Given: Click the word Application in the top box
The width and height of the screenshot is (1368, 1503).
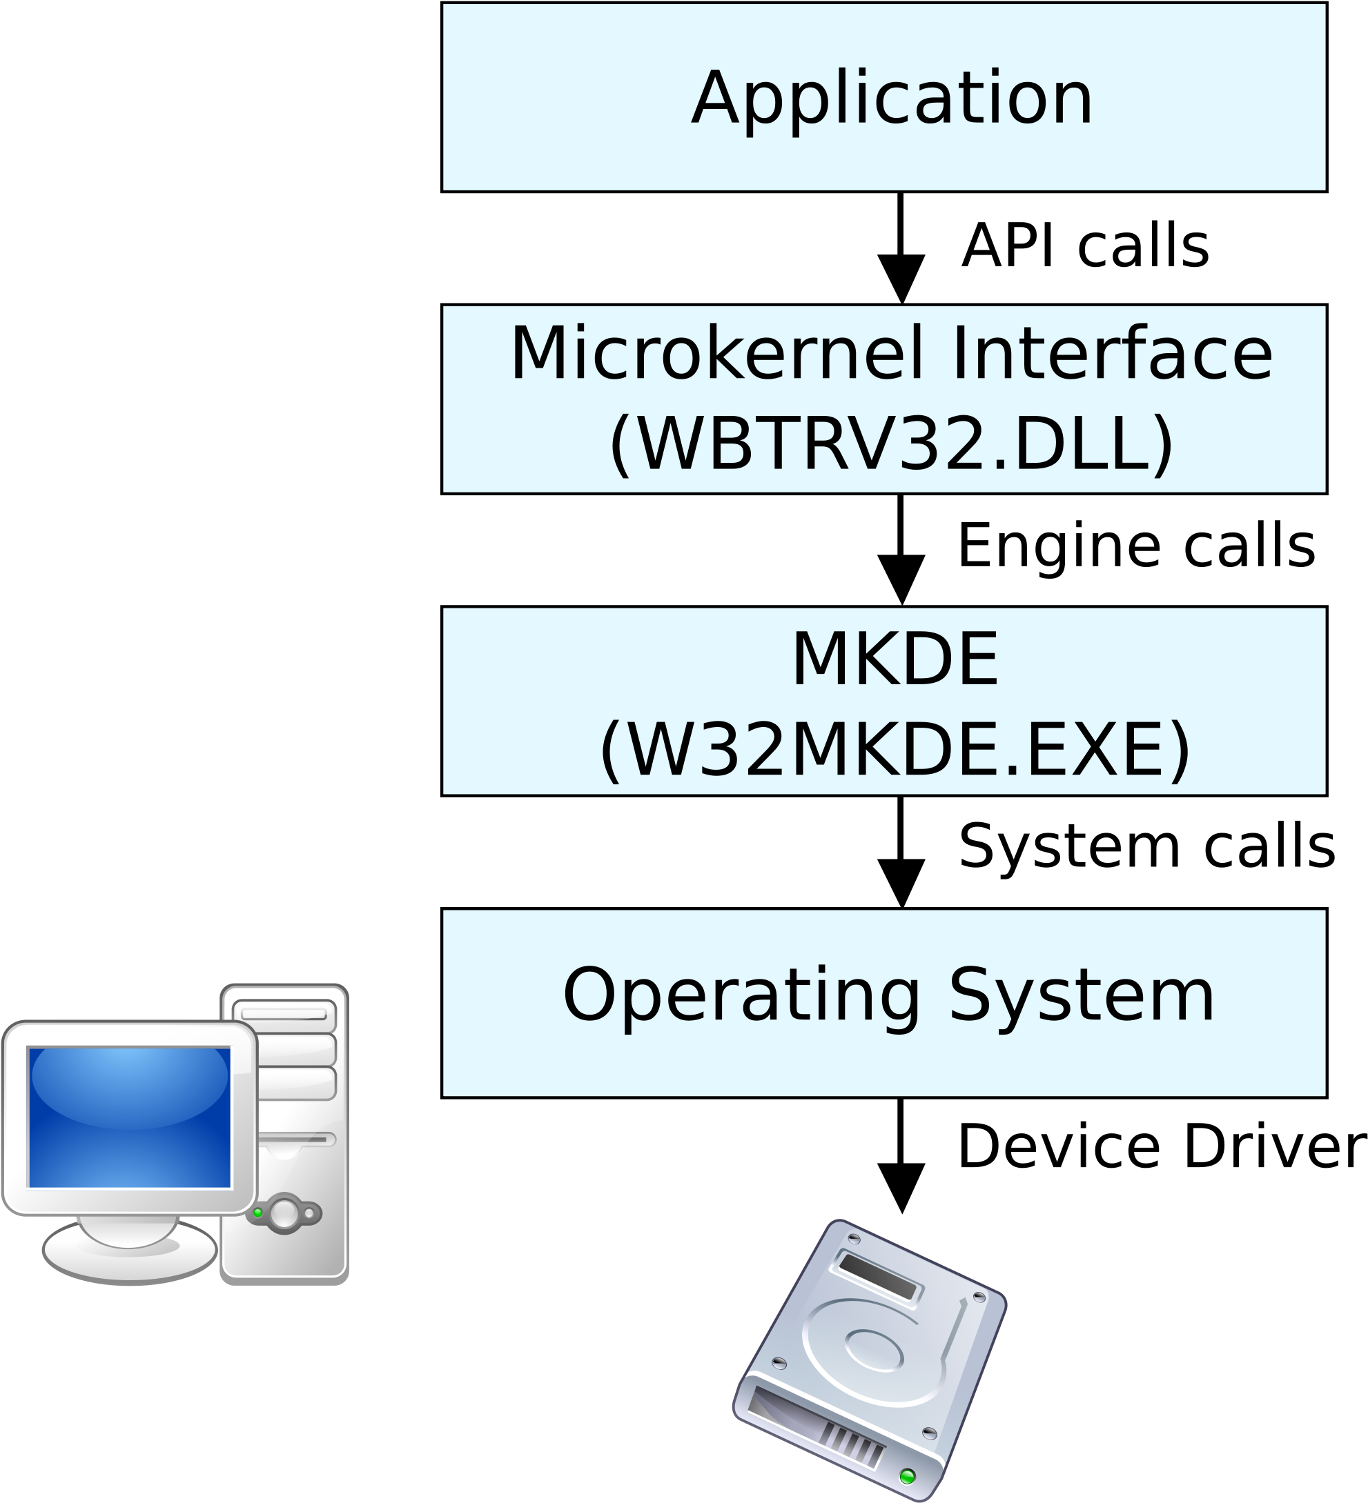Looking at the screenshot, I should (892, 99).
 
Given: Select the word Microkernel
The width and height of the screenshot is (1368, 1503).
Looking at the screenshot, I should (716, 355).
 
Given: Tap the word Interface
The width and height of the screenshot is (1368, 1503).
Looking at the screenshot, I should (1111, 355).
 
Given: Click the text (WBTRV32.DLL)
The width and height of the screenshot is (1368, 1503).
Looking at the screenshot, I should (891, 444).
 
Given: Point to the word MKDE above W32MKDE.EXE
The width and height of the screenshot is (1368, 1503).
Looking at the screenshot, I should (895, 660).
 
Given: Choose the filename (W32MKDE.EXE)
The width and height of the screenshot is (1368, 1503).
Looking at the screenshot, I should (895, 750).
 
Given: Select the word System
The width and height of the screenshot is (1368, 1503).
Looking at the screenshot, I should (1082, 996).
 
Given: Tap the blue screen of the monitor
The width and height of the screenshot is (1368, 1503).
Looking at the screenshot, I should (129, 1117).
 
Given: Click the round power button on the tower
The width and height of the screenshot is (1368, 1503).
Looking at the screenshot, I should (284, 1213).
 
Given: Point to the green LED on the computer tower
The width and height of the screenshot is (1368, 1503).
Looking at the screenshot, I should (258, 1213).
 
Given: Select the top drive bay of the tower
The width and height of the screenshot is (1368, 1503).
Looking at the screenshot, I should (284, 1015).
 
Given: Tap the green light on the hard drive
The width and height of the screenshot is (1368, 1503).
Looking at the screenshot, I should (908, 1475).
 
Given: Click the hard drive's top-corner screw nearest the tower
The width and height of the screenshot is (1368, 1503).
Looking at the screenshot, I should (854, 1239).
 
